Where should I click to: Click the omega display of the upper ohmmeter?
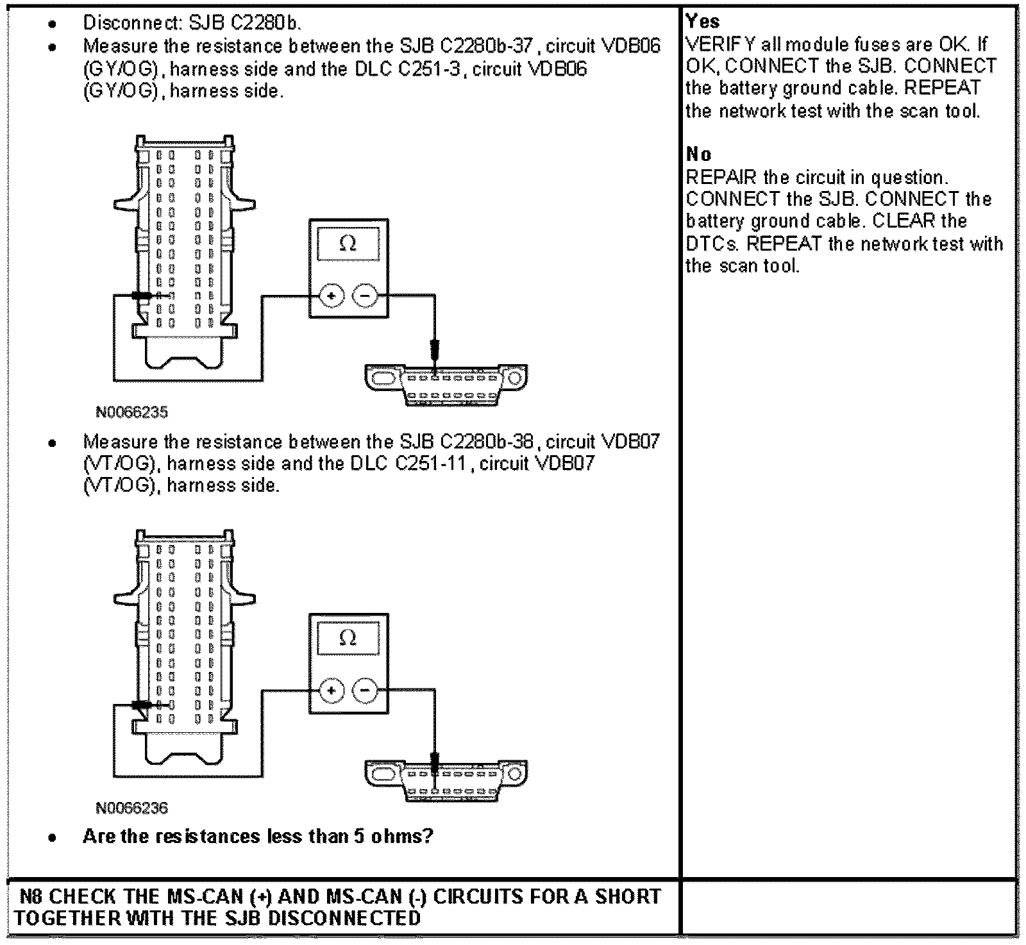[x=348, y=244]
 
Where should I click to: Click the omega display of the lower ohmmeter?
[x=348, y=639]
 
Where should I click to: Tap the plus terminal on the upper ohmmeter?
[x=332, y=296]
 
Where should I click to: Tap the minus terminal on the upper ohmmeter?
[x=365, y=296]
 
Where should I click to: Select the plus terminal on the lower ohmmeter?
[x=332, y=690]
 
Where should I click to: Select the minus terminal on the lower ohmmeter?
[x=365, y=690]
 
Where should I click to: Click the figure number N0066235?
[x=131, y=412]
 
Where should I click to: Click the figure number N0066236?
[x=131, y=808]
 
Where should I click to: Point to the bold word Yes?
[x=702, y=21]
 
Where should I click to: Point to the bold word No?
[x=698, y=154]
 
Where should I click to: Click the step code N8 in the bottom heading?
[x=31, y=896]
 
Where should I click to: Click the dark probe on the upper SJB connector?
[x=141, y=296]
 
